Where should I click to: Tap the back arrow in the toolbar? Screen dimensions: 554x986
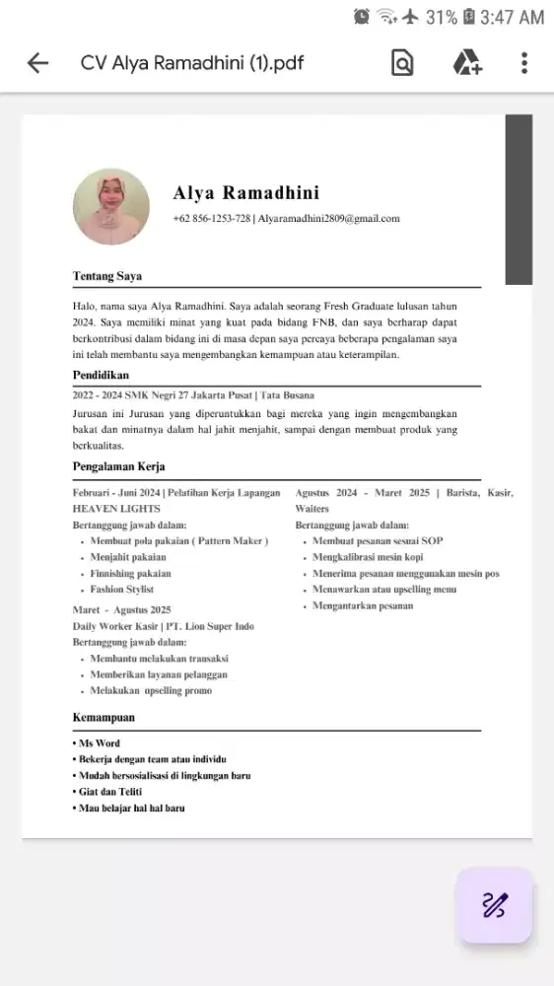[37, 64]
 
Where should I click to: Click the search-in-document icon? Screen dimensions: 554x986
[402, 64]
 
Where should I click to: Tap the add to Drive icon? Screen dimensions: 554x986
[466, 64]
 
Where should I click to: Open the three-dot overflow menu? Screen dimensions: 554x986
[524, 64]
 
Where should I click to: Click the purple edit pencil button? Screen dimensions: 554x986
[494, 904]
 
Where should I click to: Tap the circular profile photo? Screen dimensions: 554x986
[111, 207]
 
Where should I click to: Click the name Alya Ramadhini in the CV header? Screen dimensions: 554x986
[245, 192]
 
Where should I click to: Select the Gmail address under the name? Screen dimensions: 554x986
[328, 219]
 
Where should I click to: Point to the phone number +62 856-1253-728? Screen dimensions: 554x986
[211, 219]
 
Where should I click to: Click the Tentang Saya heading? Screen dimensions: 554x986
[106, 276]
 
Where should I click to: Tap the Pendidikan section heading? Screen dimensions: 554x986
[101, 376]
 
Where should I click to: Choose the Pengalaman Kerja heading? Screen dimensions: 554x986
[118, 466]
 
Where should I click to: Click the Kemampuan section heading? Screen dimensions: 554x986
[104, 718]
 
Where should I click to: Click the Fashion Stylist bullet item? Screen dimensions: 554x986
[122, 590]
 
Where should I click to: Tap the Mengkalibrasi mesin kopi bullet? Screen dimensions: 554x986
[368, 558]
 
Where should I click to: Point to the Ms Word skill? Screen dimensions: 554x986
[99, 743]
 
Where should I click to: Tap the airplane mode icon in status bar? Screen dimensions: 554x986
[411, 17]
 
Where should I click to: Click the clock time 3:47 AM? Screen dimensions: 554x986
[512, 17]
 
